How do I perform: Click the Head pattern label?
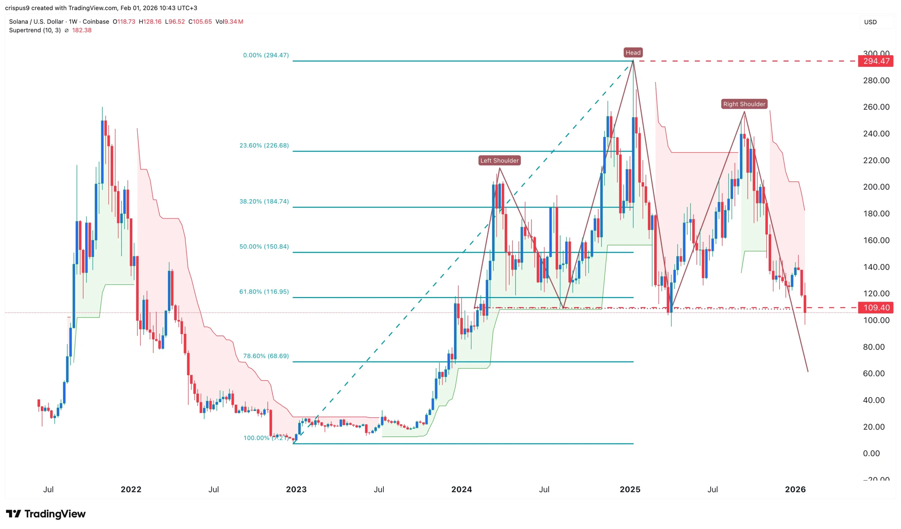(x=633, y=52)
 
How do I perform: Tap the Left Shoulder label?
(x=499, y=160)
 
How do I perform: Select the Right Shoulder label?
(x=744, y=104)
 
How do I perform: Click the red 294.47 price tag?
(x=876, y=61)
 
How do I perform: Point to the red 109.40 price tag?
(x=876, y=307)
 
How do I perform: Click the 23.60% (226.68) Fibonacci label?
(x=264, y=145)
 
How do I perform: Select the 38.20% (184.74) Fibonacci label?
(x=264, y=202)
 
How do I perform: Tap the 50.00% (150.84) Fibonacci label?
(x=264, y=247)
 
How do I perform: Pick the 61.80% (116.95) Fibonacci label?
(x=264, y=292)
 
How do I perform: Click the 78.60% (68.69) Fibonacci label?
(x=266, y=356)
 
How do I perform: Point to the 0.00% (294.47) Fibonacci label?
(x=266, y=55)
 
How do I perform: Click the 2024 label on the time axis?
(x=461, y=489)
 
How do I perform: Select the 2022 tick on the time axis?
(x=131, y=489)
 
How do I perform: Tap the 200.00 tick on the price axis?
(x=876, y=187)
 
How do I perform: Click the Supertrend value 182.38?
(x=82, y=30)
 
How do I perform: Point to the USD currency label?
(x=870, y=22)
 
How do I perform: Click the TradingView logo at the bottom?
(x=46, y=514)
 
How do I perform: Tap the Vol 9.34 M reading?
(x=229, y=22)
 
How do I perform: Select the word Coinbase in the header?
(x=96, y=22)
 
